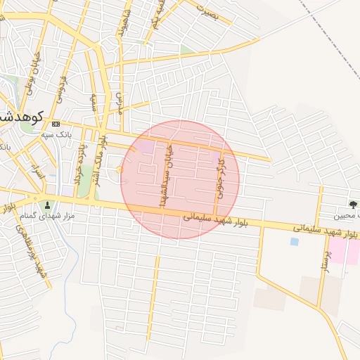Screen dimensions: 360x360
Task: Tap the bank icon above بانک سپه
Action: click(x=56, y=124)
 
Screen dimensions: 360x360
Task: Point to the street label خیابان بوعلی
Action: click(x=31, y=78)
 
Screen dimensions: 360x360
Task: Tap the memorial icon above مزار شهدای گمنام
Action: click(x=48, y=205)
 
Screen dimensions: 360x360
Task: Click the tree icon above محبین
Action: click(x=351, y=205)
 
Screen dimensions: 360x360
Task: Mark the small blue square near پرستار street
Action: click(x=294, y=242)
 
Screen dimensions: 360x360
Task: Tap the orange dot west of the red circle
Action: click(x=120, y=169)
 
